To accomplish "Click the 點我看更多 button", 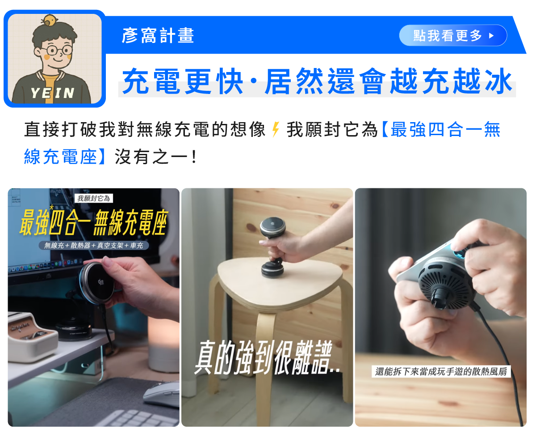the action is point(452,35).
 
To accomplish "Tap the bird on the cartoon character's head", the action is point(50,21).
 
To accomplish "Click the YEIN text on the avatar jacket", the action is point(53,93).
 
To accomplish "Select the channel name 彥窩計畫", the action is point(158,35).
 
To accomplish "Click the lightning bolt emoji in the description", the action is point(276,129).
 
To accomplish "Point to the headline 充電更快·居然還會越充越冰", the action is point(317,81).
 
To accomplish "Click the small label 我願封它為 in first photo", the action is point(93,198).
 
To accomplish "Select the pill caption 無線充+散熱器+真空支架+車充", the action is point(93,245).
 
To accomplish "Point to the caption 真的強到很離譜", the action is point(267,357).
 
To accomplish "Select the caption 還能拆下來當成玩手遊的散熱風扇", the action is point(441,372).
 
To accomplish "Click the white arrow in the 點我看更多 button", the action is point(491,36).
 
